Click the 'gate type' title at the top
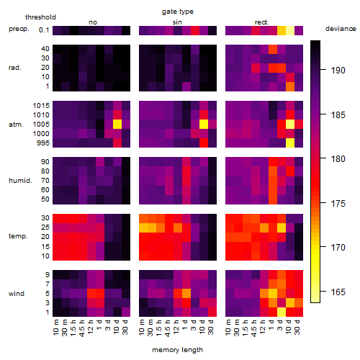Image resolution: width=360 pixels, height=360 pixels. pyautogui.click(x=178, y=12)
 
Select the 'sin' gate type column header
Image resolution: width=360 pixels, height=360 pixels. pyautogui.click(x=177, y=22)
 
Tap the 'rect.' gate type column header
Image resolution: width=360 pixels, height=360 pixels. pyautogui.click(x=261, y=22)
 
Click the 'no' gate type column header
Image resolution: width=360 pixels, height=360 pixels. pyautogui.click(x=93, y=22)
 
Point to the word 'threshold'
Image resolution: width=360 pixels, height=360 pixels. pyautogui.click(x=40, y=17)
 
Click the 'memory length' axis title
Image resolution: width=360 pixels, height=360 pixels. pyautogui.click(x=178, y=350)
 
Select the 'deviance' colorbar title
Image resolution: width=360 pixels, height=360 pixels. pyautogui.click(x=341, y=29)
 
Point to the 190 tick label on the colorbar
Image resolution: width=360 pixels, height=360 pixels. pyautogui.click(x=338, y=71)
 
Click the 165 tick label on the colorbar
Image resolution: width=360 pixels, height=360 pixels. pyautogui.click(x=338, y=292)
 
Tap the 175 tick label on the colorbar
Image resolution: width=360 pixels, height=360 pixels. pyautogui.click(x=338, y=204)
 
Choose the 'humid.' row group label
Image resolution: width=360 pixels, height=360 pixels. pyautogui.click(x=20, y=181)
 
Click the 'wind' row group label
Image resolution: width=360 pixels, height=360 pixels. pyautogui.click(x=17, y=294)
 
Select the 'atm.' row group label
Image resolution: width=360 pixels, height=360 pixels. pyautogui.click(x=16, y=125)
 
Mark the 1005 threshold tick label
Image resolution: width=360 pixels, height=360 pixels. pyautogui.click(x=41, y=125)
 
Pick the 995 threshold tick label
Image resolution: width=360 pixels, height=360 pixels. pyautogui.click(x=43, y=143)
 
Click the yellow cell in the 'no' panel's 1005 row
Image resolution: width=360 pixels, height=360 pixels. pyautogui.click(x=117, y=125)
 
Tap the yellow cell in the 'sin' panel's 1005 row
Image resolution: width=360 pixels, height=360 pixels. pyautogui.click(x=204, y=125)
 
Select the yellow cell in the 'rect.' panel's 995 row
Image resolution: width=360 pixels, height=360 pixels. pyautogui.click(x=290, y=143)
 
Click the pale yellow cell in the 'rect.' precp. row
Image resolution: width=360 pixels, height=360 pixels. pyautogui.click(x=290, y=30)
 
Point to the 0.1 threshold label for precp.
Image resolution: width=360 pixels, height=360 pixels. pyautogui.click(x=44, y=30)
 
